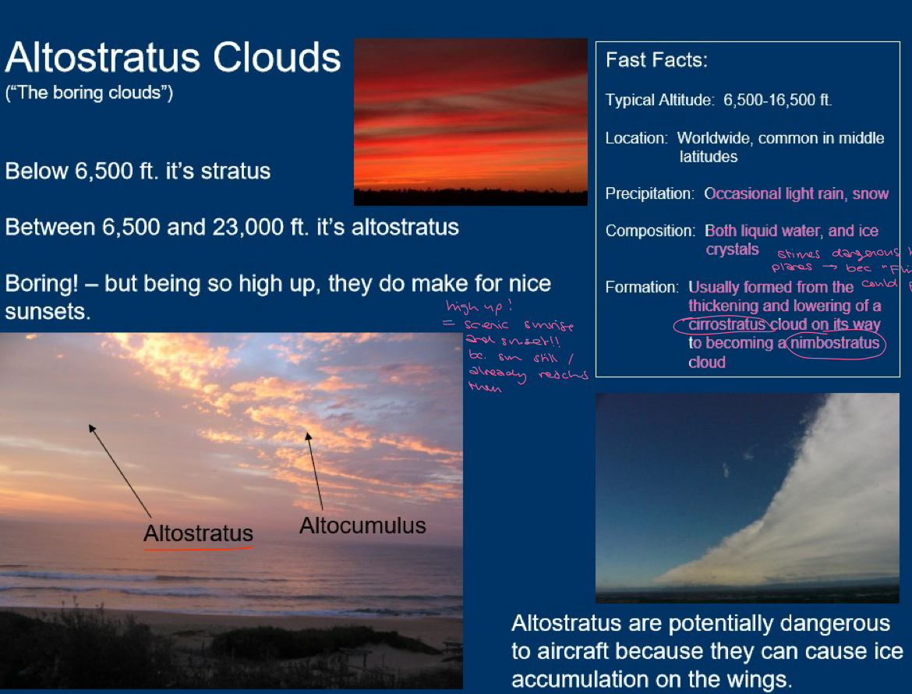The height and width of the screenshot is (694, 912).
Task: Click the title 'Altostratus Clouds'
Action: (x=172, y=58)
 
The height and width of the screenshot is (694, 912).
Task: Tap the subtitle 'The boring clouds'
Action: (x=89, y=94)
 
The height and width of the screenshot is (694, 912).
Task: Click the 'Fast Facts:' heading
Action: (x=656, y=60)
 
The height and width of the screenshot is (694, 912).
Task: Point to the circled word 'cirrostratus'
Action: (x=725, y=325)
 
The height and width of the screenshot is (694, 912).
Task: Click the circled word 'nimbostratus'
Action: (x=836, y=344)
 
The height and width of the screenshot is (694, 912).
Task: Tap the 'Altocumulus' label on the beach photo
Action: (x=362, y=526)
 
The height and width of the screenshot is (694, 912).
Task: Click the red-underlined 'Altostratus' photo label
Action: (x=198, y=533)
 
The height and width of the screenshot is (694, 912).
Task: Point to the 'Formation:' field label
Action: (x=642, y=287)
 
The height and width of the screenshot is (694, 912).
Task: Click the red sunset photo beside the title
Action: (x=470, y=121)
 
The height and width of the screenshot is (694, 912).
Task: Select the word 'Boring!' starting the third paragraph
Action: (x=43, y=284)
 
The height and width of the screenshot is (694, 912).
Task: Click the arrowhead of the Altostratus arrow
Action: (x=91, y=427)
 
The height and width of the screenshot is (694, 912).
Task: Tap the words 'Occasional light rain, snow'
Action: (x=796, y=193)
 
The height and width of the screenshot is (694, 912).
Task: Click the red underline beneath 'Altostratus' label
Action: (x=198, y=547)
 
